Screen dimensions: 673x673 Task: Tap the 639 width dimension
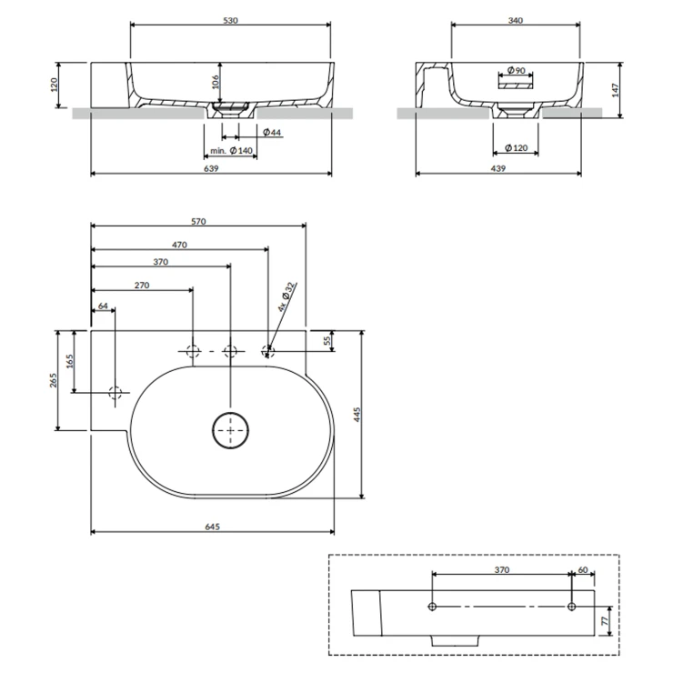pos(210,168)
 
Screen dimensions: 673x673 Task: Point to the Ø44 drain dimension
pos(270,134)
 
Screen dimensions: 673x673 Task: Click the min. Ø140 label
pos(230,150)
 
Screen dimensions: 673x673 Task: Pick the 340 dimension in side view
pos(515,19)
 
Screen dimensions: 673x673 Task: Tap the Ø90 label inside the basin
pos(514,71)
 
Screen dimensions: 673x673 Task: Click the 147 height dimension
pos(615,90)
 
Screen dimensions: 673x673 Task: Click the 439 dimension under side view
pos(498,168)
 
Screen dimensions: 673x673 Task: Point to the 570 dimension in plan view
pos(199,221)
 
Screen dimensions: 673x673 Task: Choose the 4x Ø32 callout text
pos(286,296)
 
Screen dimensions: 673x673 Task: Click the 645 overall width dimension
pos(212,527)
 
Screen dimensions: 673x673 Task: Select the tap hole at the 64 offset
pos(115,394)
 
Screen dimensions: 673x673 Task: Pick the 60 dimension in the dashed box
pos(582,570)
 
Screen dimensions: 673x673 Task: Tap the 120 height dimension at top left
pos(55,85)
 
